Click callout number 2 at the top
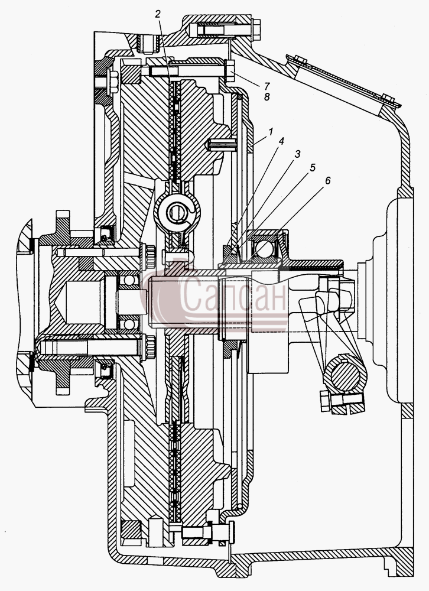(158, 14)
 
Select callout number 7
(267, 85)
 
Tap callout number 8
(267, 97)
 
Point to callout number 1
(270, 132)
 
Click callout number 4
(281, 141)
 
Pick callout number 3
(297, 154)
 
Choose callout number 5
(313, 168)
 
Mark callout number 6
(327, 180)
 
